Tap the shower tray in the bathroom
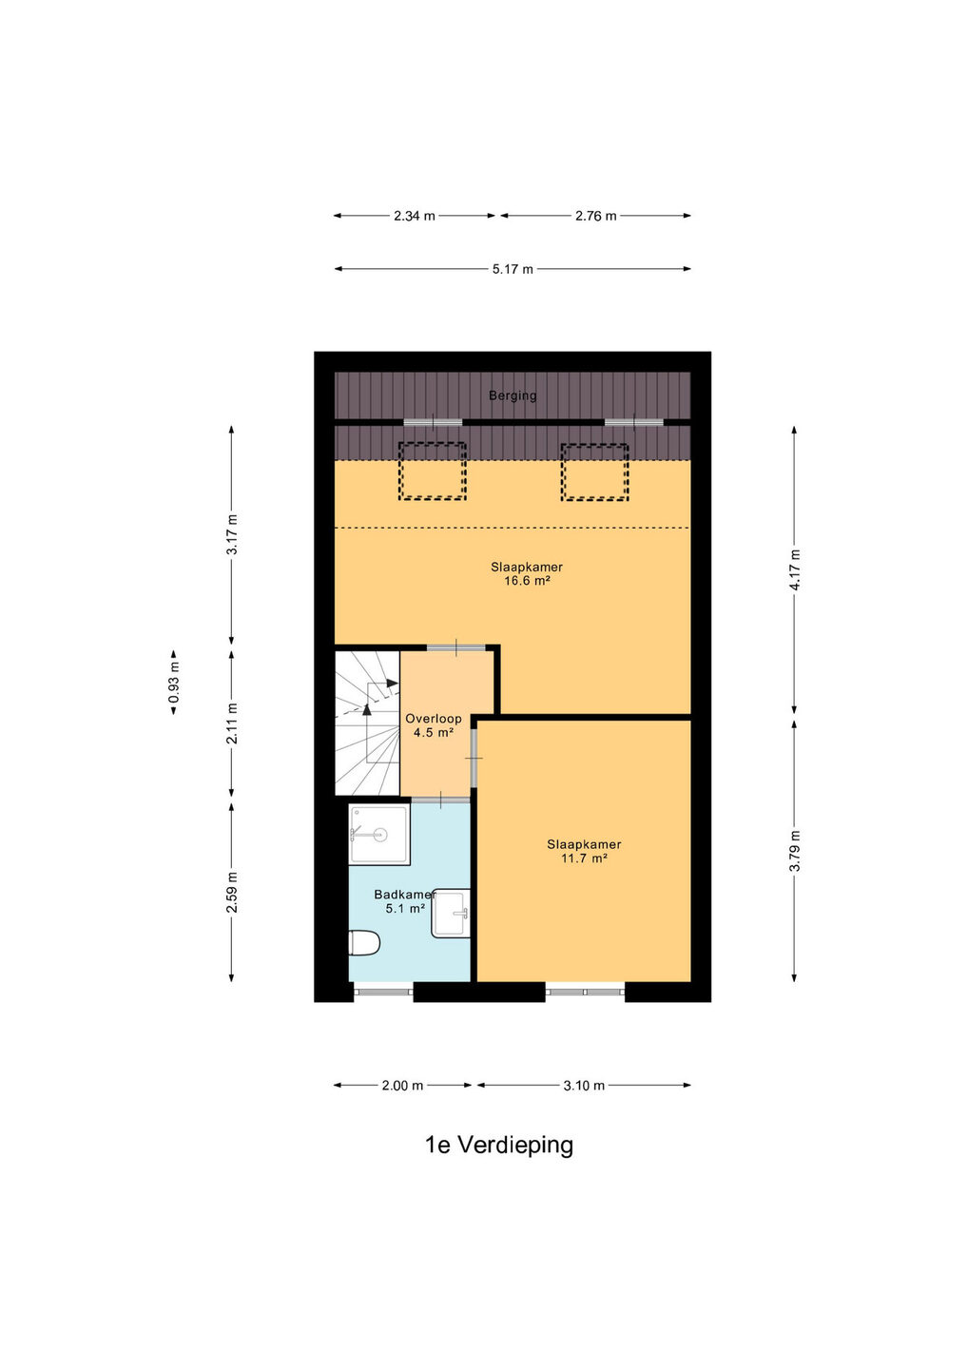click(378, 834)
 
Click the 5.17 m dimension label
click(513, 269)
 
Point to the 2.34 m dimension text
click(415, 216)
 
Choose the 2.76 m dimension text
click(596, 216)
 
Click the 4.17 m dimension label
click(795, 569)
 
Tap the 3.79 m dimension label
click(795, 852)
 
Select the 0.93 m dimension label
click(174, 682)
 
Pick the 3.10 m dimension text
click(584, 1086)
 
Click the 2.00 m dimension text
click(402, 1086)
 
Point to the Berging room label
click(513, 395)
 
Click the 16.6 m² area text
click(527, 581)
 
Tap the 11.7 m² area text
click(584, 858)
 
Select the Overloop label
click(434, 719)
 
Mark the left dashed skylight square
click(433, 472)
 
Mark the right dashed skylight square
click(595, 472)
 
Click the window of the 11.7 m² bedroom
click(585, 992)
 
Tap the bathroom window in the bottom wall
click(383, 992)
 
